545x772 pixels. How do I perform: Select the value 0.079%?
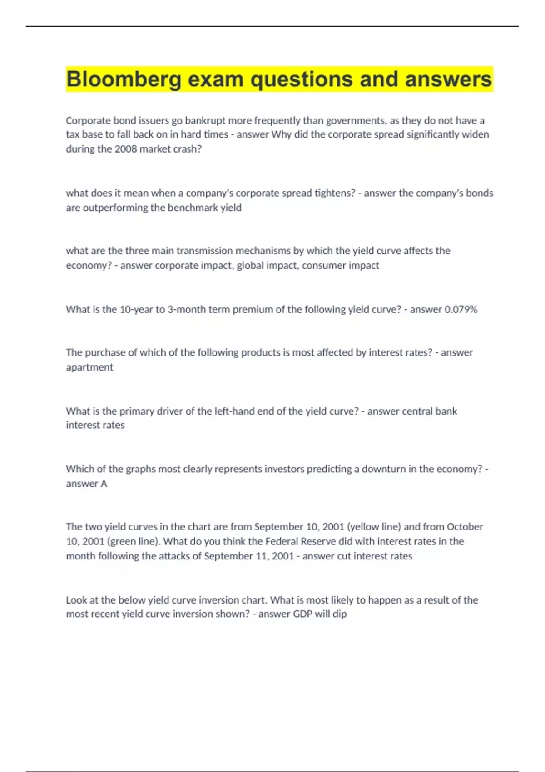pyautogui.click(x=461, y=309)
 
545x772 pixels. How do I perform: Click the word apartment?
pyautogui.click(x=89, y=367)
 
